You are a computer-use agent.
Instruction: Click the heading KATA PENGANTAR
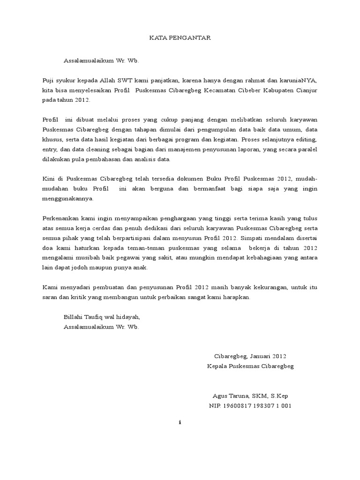point(180,38)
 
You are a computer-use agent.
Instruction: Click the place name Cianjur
point(306,90)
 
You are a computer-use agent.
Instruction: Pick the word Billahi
point(73,316)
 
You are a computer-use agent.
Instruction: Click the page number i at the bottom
point(180,422)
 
